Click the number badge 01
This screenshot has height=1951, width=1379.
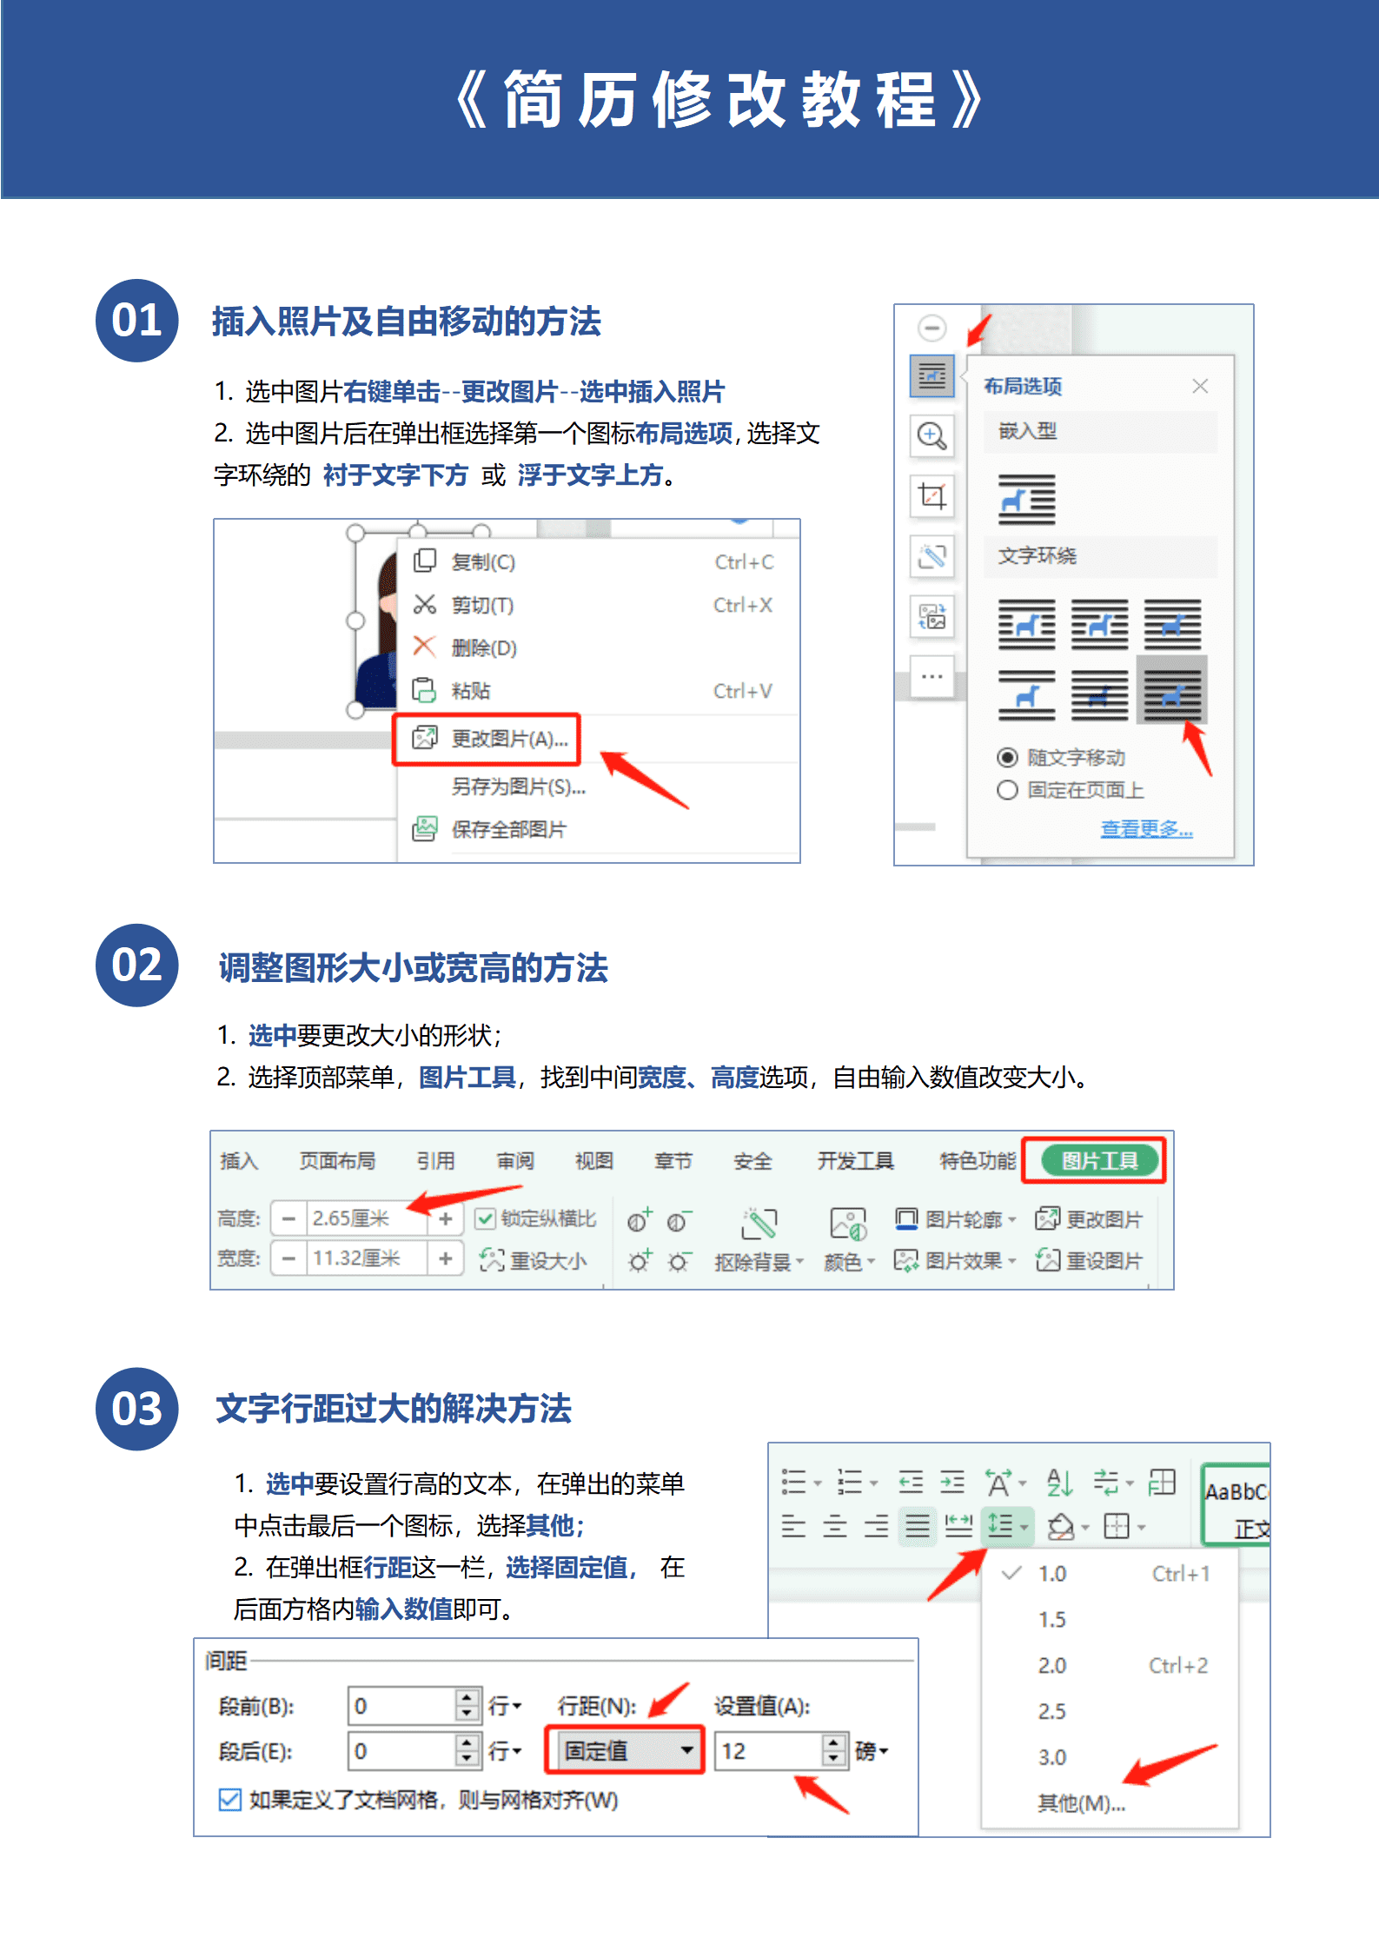click(x=136, y=321)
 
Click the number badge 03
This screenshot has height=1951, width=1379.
click(x=136, y=1409)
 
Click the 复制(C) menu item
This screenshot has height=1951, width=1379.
click(x=482, y=562)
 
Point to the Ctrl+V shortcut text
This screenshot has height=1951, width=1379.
click(x=742, y=691)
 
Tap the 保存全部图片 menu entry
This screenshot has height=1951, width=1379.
click(x=507, y=829)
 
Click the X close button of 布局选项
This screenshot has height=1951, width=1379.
click(x=1200, y=386)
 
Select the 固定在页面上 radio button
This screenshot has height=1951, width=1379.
click(x=1007, y=790)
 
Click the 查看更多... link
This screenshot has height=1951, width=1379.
click(x=1146, y=828)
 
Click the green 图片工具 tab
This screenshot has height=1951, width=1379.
click(x=1098, y=1160)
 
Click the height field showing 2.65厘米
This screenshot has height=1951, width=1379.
click(x=365, y=1218)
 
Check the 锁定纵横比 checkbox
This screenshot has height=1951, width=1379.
click(x=486, y=1218)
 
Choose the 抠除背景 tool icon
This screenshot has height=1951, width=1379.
click(x=759, y=1224)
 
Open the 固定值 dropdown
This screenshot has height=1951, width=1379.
click(x=686, y=1750)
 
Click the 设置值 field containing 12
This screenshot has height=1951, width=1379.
click(x=766, y=1750)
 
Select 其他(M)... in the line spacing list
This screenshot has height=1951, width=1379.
click(x=1081, y=1803)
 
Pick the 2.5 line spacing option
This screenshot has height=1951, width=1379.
click(x=1051, y=1711)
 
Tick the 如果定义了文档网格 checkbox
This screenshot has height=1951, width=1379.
click(x=229, y=1799)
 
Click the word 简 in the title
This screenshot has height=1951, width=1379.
click(x=533, y=100)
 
